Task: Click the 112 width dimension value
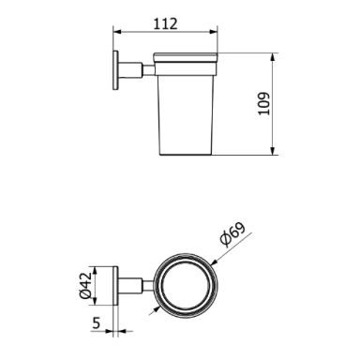click(x=165, y=23)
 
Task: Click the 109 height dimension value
click(x=263, y=104)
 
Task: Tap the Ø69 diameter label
click(x=232, y=234)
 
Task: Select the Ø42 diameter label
click(x=85, y=285)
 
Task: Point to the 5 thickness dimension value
click(x=97, y=322)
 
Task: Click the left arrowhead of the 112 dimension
click(x=116, y=32)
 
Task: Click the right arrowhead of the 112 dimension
click(x=214, y=32)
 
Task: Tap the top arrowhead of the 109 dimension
click(x=273, y=57)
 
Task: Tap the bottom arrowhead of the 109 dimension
click(x=273, y=151)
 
